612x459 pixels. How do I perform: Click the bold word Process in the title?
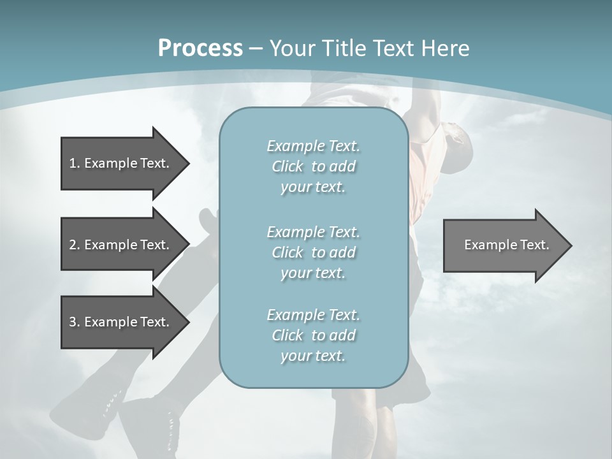click(x=200, y=48)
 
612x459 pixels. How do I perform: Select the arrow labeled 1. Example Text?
click(x=119, y=163)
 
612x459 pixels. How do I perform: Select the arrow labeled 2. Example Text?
click(x=119, y=245)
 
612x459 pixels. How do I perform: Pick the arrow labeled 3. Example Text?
click(x=119, y=322)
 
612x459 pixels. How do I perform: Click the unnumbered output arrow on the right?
click(x=506, y=245)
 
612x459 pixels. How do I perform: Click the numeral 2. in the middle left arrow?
click(x=74, y=245)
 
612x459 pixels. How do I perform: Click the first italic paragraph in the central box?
click(x=313, y=166)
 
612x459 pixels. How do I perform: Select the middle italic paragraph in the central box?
click(x=313, y=252)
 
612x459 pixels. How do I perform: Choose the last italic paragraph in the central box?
click(x=313, y=335)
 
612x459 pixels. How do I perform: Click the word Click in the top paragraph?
click(x=288, y=167)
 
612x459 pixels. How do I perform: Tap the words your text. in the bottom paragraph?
click(x=313, y=356)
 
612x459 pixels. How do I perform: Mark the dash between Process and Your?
click(x=256, y=48)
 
